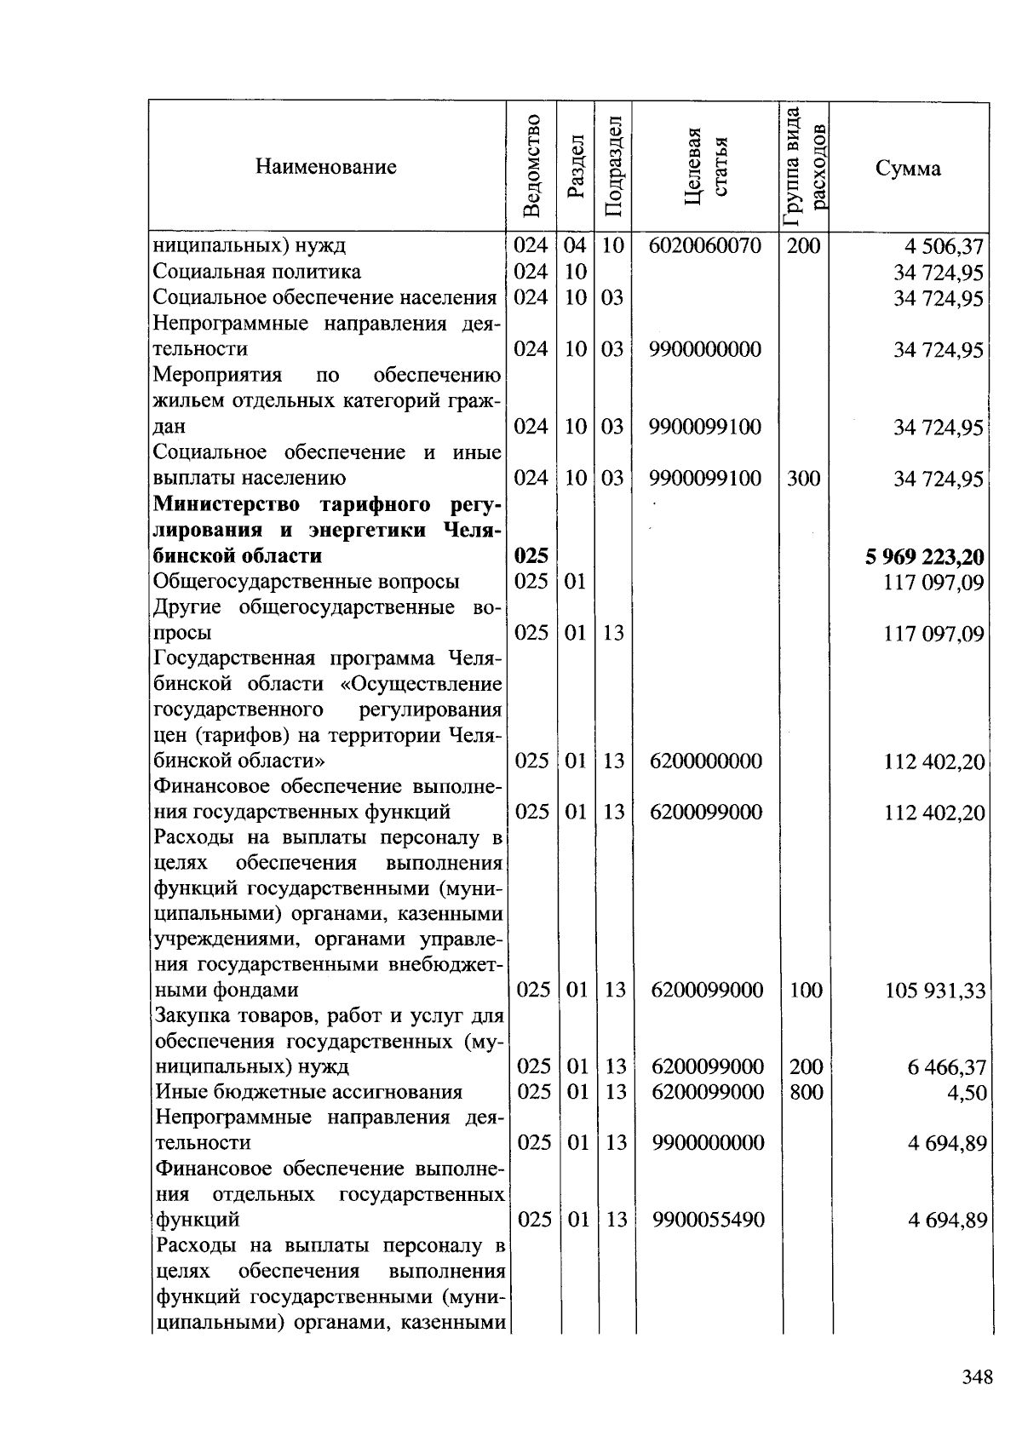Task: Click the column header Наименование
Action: [x=325, y=167]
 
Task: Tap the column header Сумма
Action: [x=908, y=168]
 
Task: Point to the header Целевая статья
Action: [x=707, y=166]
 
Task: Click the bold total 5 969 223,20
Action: [x=924, y=557]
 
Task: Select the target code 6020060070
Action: [x=704, y=246]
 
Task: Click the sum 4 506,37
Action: [x=944, y=247]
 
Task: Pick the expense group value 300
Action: [x=803, y=478]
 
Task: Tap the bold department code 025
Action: [x=531, y=556]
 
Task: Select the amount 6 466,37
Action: [x=946, y=1067]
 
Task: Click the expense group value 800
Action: [x=807, y=1091]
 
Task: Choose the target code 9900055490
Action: [x=709, y=1220]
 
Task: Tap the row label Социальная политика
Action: [x=256, y=272]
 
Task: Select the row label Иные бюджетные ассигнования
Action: [x=308, y=1092]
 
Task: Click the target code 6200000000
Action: [x=705, y=761]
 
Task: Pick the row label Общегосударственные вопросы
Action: [x=306, y=582]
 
